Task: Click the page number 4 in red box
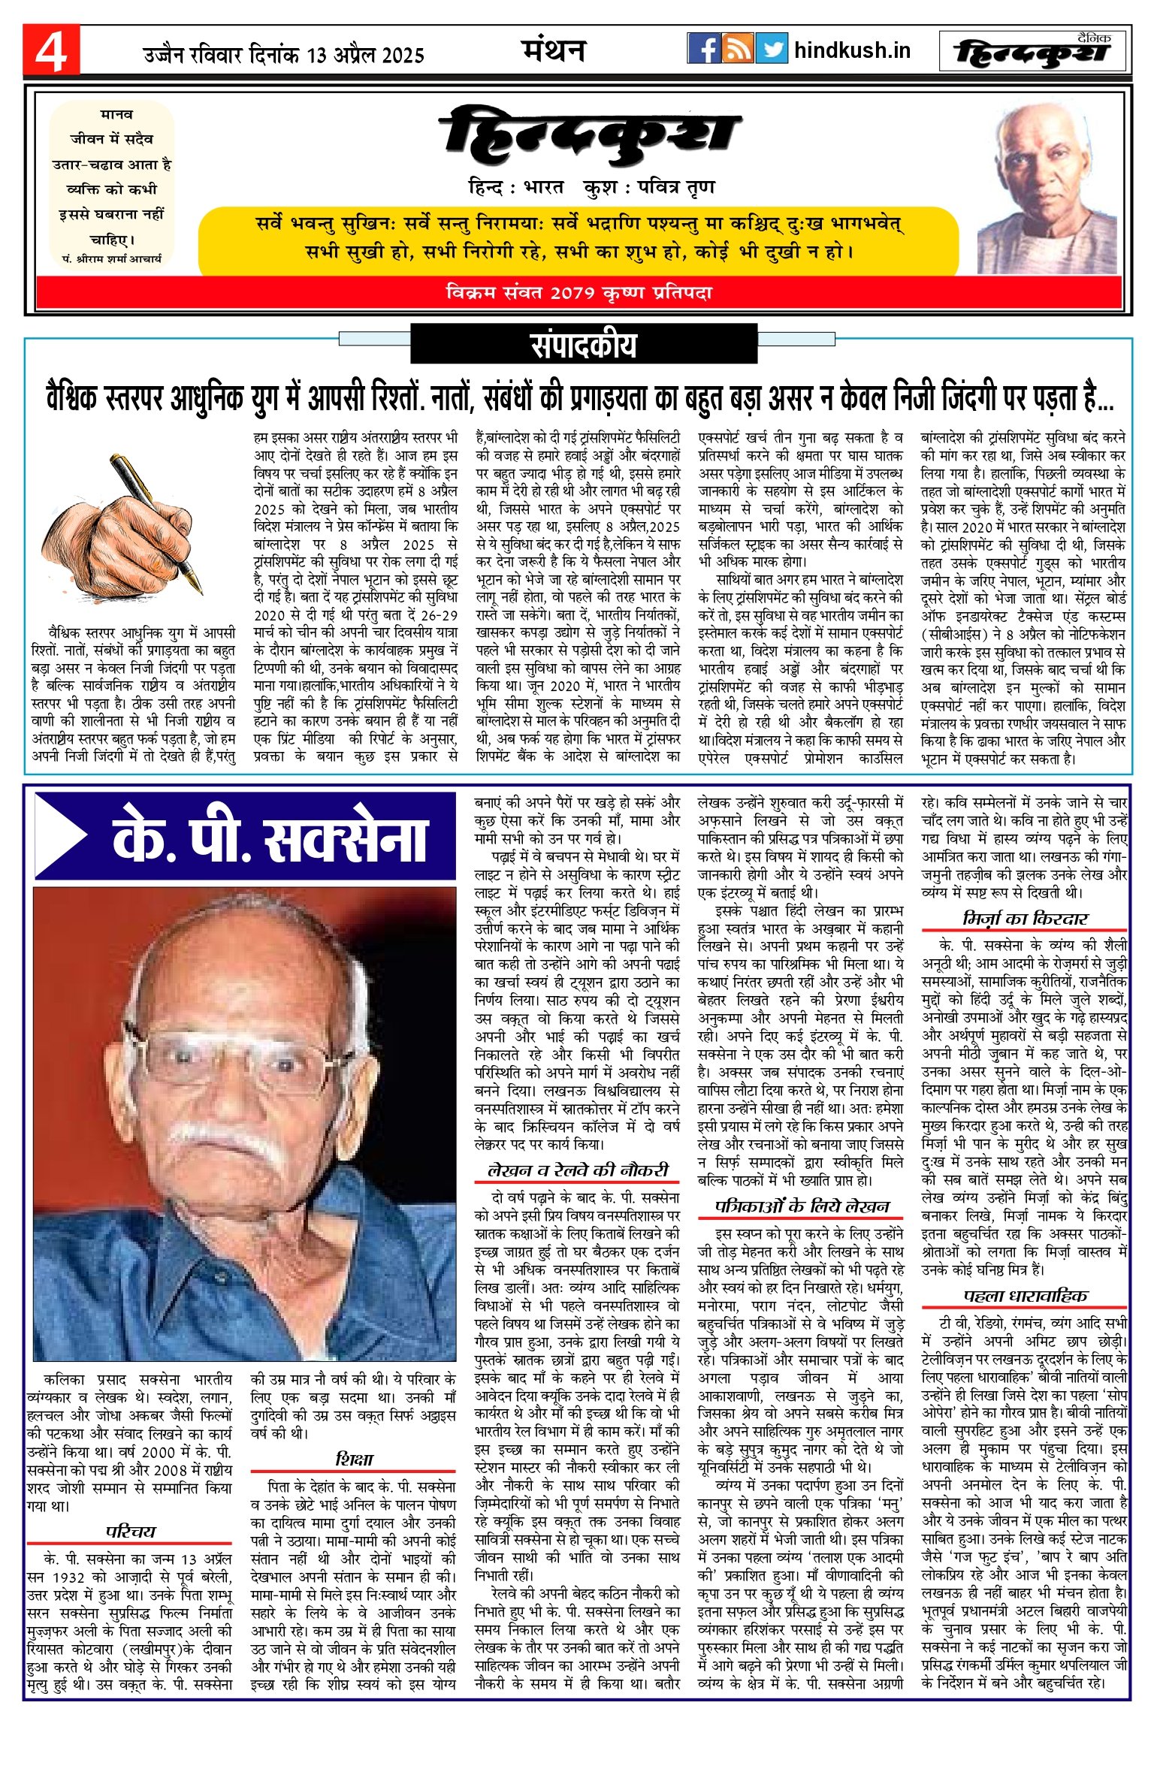(x=51, y=50)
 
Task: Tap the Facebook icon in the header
(x=703, y=49)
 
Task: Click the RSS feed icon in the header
(x=737, y=49)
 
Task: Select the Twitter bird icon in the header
(x=772, y=49)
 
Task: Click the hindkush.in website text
(x=852, y=50)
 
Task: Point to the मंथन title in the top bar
(x=554, y=50)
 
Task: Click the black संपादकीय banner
(x=583, y=344)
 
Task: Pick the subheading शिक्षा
(x=353, y=1459)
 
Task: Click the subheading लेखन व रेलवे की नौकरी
(x=577, y=1170)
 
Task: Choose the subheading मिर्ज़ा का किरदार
(x=1025, y=919)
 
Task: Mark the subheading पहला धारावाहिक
(x=1025, y=1296)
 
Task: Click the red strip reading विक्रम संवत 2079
(x=579, y=293)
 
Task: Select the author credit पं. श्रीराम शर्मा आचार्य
(x=112, y=258)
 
